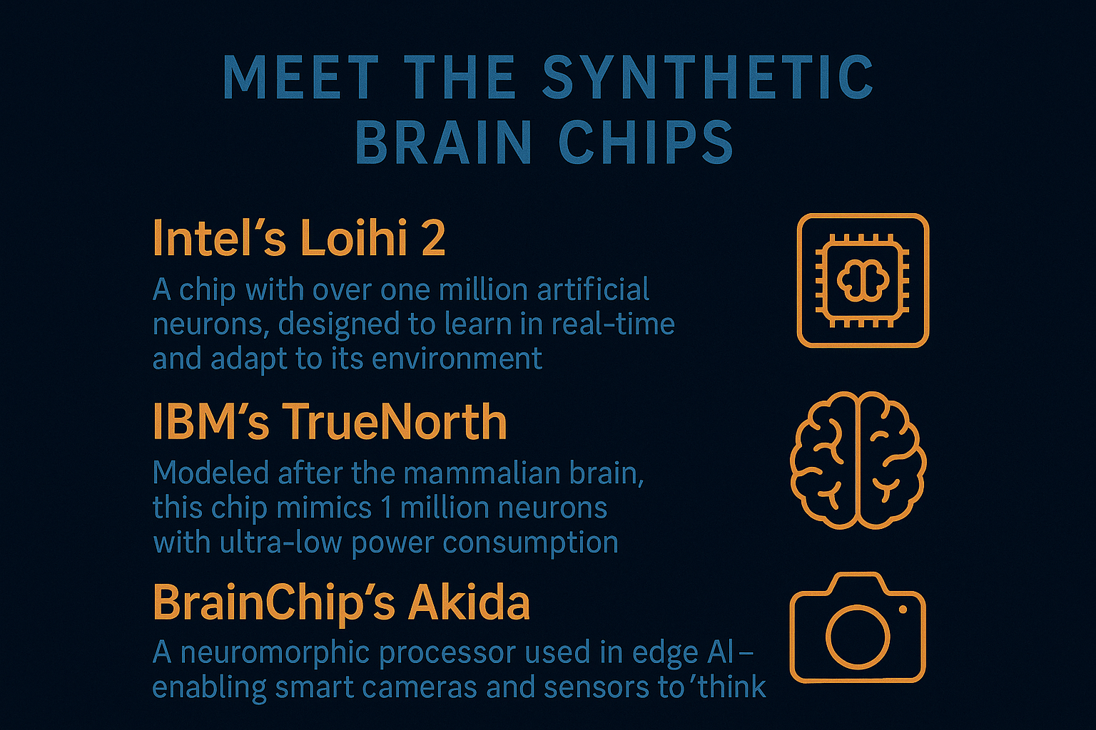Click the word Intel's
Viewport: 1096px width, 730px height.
tap(219, 238)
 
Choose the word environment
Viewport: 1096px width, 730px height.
tap(457, 359)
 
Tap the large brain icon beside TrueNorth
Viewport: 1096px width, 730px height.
tap(858, 460)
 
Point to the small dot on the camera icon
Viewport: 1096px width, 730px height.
tap(903, 610)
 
